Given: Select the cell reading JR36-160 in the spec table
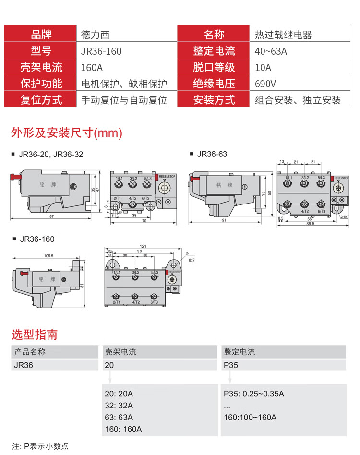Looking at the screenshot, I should pos(101,51).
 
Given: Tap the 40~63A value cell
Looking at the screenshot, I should pos(271,51).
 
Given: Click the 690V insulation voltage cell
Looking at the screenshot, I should pos(265,84).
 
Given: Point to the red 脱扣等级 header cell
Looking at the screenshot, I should pos(214,68).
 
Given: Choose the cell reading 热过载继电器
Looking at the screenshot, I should pos(283,35).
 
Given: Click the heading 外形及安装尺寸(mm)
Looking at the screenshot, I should pos(67,132).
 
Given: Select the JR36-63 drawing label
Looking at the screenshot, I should pos(212,154).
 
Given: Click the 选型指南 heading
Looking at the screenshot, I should pos(34,334).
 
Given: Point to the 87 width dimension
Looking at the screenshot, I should pos(51,217).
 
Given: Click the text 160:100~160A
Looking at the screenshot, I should pos(250,417).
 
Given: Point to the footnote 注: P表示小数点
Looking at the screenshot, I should pos(40,446).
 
